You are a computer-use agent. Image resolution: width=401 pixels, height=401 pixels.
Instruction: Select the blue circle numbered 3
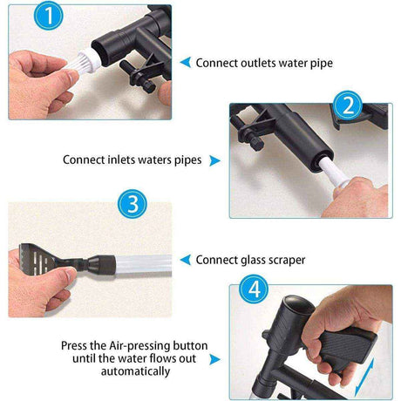[132, 206]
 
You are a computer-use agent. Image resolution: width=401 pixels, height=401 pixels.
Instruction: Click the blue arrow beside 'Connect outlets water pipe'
[184, 63]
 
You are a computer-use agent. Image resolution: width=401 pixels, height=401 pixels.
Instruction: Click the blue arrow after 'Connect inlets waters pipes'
[215, 160]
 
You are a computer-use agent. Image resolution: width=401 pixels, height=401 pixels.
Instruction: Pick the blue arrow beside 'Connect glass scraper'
[184, 259]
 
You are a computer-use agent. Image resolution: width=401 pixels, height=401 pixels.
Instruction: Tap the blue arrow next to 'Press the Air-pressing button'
[215, 354]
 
